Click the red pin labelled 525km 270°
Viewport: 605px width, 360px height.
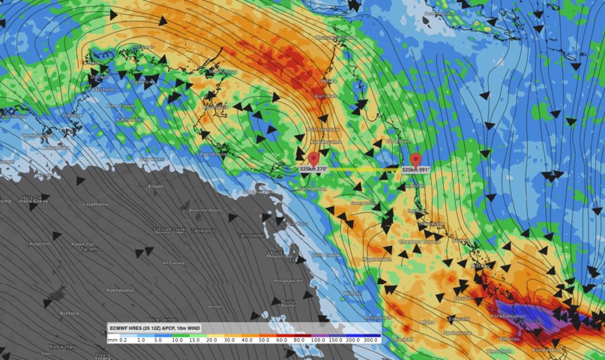point(313,159)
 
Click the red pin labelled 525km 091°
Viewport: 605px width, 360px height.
point(415,160)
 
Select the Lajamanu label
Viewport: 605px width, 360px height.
point(95,203)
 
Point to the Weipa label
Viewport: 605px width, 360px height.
point(329,80)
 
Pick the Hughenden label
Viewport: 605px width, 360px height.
point(377,259)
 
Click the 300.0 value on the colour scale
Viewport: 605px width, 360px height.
point(370,340)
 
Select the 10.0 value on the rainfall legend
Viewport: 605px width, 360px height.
point(178,340)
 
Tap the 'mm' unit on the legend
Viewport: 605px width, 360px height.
point(113,340)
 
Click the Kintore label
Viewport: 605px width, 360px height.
point(69,313)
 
